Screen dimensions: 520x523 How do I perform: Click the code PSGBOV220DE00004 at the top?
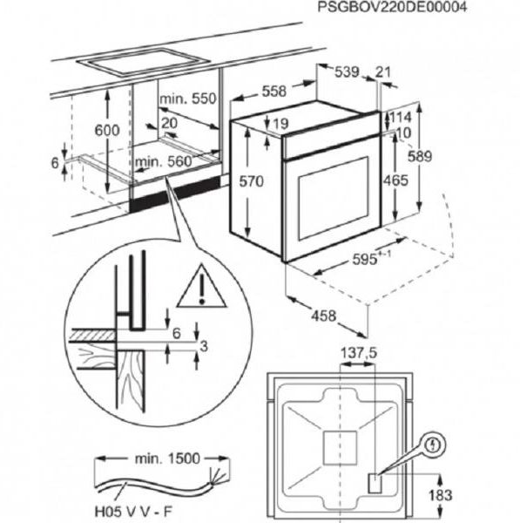point(392,7)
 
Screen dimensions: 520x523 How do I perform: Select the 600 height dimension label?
point(107,130)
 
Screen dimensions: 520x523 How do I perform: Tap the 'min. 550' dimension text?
point(188,98)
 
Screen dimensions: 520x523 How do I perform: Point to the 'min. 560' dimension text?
point(164,162)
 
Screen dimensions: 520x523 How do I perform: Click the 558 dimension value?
point(274,91)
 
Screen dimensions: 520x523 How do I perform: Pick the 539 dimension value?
point(347,71)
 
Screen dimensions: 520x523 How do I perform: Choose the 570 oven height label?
point(252,181)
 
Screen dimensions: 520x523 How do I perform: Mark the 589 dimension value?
point(420,156)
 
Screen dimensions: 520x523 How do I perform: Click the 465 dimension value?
point(395,180)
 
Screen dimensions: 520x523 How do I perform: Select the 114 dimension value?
point(401,118)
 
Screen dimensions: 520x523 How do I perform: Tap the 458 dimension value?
point(324,316)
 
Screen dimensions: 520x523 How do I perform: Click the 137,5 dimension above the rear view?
point(359,352)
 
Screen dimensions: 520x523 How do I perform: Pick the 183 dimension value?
point(441,496)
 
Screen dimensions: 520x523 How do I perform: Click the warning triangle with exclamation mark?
point(201,286)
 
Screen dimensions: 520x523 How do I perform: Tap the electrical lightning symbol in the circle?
point(433,445)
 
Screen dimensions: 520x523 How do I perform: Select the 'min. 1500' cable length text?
point(167,458)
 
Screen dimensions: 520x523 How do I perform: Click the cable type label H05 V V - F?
point(134,511)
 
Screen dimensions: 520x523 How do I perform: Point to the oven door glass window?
point(334,199)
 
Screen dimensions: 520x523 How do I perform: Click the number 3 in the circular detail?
point(203,346)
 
